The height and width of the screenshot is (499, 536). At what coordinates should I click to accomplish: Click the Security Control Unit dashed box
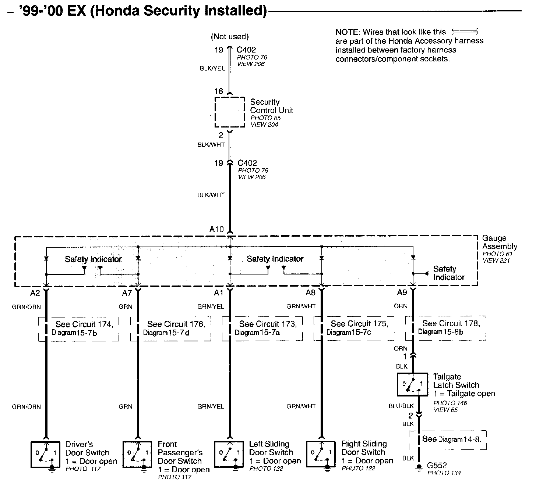230,112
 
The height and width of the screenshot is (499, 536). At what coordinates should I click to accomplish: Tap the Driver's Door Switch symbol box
46,454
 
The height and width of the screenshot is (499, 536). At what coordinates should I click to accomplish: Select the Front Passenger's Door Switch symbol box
137,454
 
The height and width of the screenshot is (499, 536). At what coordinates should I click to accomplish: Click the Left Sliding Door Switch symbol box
229,454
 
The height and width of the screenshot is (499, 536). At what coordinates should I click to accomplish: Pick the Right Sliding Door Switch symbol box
321,454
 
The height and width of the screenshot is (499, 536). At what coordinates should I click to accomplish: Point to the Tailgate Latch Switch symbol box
412,384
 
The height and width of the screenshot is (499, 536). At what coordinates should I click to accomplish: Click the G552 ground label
437,466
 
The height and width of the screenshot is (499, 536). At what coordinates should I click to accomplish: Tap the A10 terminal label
216,229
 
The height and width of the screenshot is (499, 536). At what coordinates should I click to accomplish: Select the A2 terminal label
35,293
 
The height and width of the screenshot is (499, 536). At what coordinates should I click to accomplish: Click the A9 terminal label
402,292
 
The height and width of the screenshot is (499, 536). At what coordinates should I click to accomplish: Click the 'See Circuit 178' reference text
451,323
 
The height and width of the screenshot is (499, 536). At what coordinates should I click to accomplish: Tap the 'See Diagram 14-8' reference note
452,439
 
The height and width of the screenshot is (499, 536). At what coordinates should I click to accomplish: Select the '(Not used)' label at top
230,36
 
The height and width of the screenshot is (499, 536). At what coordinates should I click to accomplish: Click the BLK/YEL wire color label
212,68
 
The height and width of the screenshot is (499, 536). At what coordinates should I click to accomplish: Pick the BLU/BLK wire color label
401,406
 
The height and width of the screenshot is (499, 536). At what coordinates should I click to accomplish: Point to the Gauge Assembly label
500,242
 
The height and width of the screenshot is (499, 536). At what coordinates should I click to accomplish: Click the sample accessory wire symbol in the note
465,32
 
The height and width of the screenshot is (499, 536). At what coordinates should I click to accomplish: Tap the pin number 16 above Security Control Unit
219,91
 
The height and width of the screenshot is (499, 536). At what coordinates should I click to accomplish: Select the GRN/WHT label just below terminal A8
301,306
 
